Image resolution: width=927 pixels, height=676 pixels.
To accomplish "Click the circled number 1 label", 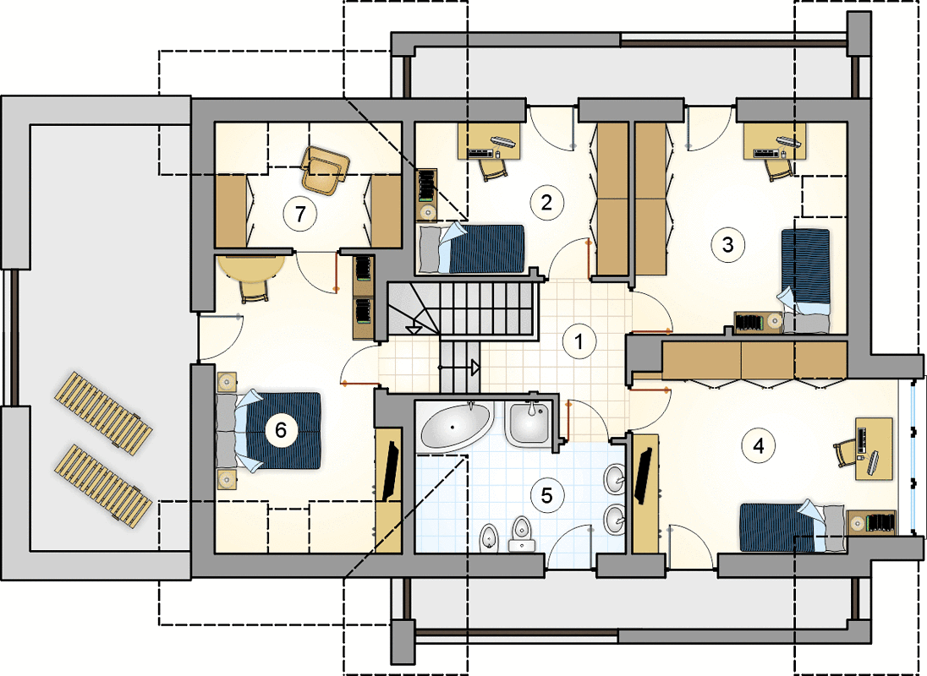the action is [x=579, y=341].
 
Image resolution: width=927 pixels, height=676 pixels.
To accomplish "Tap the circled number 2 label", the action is [x=546, y=203].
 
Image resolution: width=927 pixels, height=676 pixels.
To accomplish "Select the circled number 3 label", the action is [x=727, y=244].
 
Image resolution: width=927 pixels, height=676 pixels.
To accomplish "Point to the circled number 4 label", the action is [x=759, y=445].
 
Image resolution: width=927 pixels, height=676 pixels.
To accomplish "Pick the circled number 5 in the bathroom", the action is [x=547, y=495].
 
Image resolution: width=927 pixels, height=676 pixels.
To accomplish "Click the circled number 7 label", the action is [x=301, y=213].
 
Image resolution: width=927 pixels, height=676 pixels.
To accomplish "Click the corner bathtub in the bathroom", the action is [x=455, y=426].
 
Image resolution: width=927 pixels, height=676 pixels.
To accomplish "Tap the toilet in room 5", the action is [x=521, y=533].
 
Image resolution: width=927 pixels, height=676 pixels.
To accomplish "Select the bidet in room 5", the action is [x=490, y=538].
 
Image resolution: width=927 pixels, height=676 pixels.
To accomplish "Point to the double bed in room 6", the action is [x=269, y=430].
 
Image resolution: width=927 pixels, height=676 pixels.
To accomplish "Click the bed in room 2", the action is [x=471, y=248].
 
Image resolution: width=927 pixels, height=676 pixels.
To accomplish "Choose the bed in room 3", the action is [x=805, y=281].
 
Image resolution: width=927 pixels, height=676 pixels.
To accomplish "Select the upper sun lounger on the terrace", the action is [x=103, y=412].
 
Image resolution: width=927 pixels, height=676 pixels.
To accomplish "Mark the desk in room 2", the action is [x=490, y=140].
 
